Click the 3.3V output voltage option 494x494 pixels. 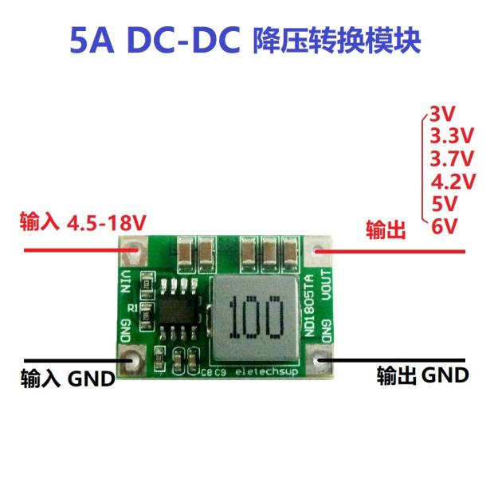point(452,135)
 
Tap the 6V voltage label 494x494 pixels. point(444,226)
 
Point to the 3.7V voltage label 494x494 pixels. point(452,157)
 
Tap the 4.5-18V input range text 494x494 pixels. point(107,222)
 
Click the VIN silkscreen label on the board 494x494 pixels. point(124,280)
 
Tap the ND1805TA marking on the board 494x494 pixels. point(309,307)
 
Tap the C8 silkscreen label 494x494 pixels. point(209,371)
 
